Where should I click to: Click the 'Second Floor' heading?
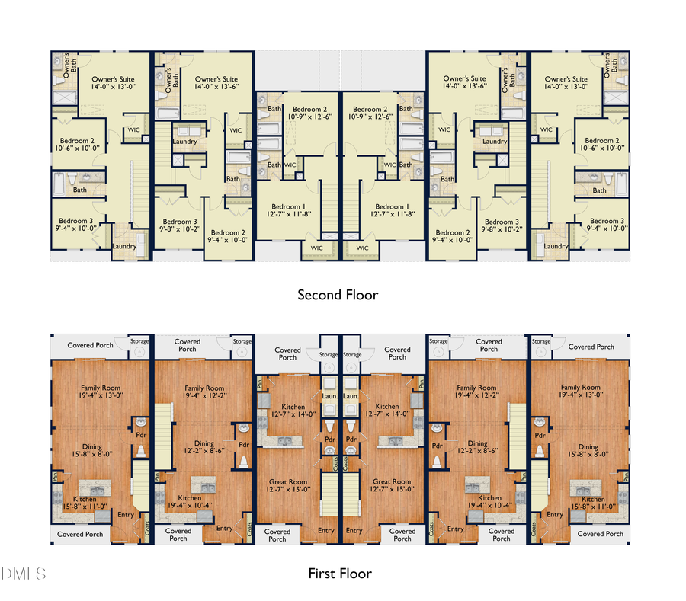tap(338, 295)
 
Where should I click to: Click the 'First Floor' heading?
tap(340, 573)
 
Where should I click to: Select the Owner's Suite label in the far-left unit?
tap(113, 83)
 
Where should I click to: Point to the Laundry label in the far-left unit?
tap(124, 246)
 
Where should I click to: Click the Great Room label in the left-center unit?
tap(288, 486)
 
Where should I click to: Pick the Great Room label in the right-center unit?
tap(392, 486)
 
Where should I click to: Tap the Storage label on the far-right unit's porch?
tap(541, 342)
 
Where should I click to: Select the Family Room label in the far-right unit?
tap(580, 392)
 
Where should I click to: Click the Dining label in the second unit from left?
tap(204, 448)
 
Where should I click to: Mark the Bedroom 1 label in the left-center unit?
tap(290, 211)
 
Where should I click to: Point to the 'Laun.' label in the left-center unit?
tap(330, 397)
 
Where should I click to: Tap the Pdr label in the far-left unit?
tap(141, 436)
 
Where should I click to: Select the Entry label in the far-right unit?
tap(555, 515)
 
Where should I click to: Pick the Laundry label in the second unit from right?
tap(495, 142)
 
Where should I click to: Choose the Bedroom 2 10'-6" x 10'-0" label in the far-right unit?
tap(602, 145)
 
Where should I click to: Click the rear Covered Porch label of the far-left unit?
tap(90, 346)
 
